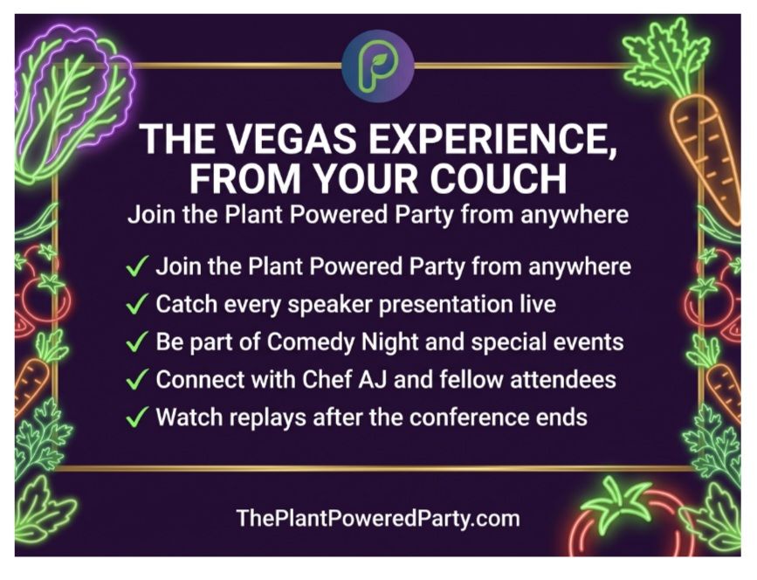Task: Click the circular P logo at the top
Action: point(378,66)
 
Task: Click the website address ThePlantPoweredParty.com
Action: point(378,519)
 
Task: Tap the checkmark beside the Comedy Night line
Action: point(136,342)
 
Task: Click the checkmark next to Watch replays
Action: point(136,418)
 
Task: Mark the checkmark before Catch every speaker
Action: point(136,305)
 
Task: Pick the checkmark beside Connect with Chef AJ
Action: point(136,380)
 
